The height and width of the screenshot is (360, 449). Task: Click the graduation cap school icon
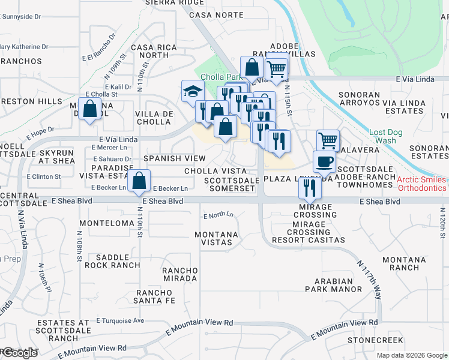click(x=193, y=92)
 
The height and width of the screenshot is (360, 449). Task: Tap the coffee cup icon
click(x=325, y=161)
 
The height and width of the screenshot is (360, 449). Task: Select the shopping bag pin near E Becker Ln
click(x=139, y=180)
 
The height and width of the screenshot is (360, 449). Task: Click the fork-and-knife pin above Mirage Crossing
click(x=310, y=188)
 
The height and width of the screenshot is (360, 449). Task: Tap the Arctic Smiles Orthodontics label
click(x=421, y=184)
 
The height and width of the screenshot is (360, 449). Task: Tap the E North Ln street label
click(x=218, y=215)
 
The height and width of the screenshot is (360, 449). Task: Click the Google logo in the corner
click(x=19, y=353)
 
